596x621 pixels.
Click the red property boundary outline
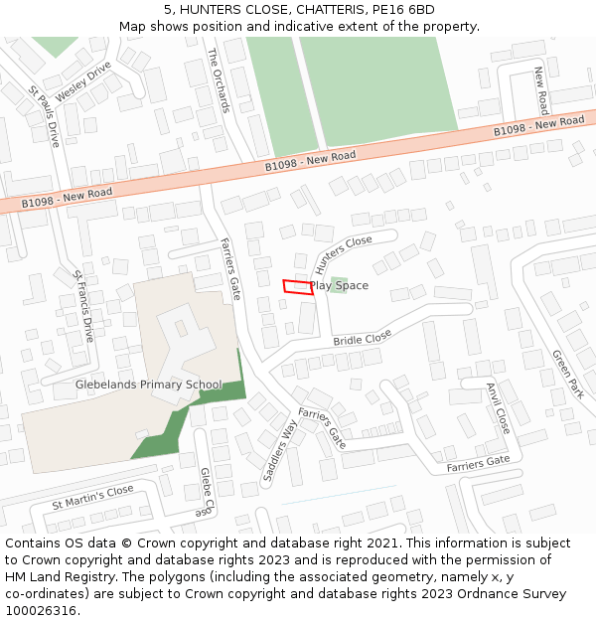(x=297, y=287)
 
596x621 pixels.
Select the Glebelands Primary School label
(x=149, y=385)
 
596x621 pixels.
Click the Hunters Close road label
(x=343, y=255)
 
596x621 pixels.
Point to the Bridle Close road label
(x=363, y=339)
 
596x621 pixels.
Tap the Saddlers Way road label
(x=280, y=451)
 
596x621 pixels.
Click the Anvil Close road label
(x=498, y=407)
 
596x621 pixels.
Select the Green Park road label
(x=567, y=374)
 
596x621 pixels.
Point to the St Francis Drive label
(x=83, y=306)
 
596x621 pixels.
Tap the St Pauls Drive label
(x=45, y=117)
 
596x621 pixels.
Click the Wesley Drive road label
(x=83, y=81)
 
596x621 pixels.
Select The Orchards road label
(x=219, y=79)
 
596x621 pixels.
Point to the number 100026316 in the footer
(x=41, y=610)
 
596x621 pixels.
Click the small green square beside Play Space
(x=339, y=285)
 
